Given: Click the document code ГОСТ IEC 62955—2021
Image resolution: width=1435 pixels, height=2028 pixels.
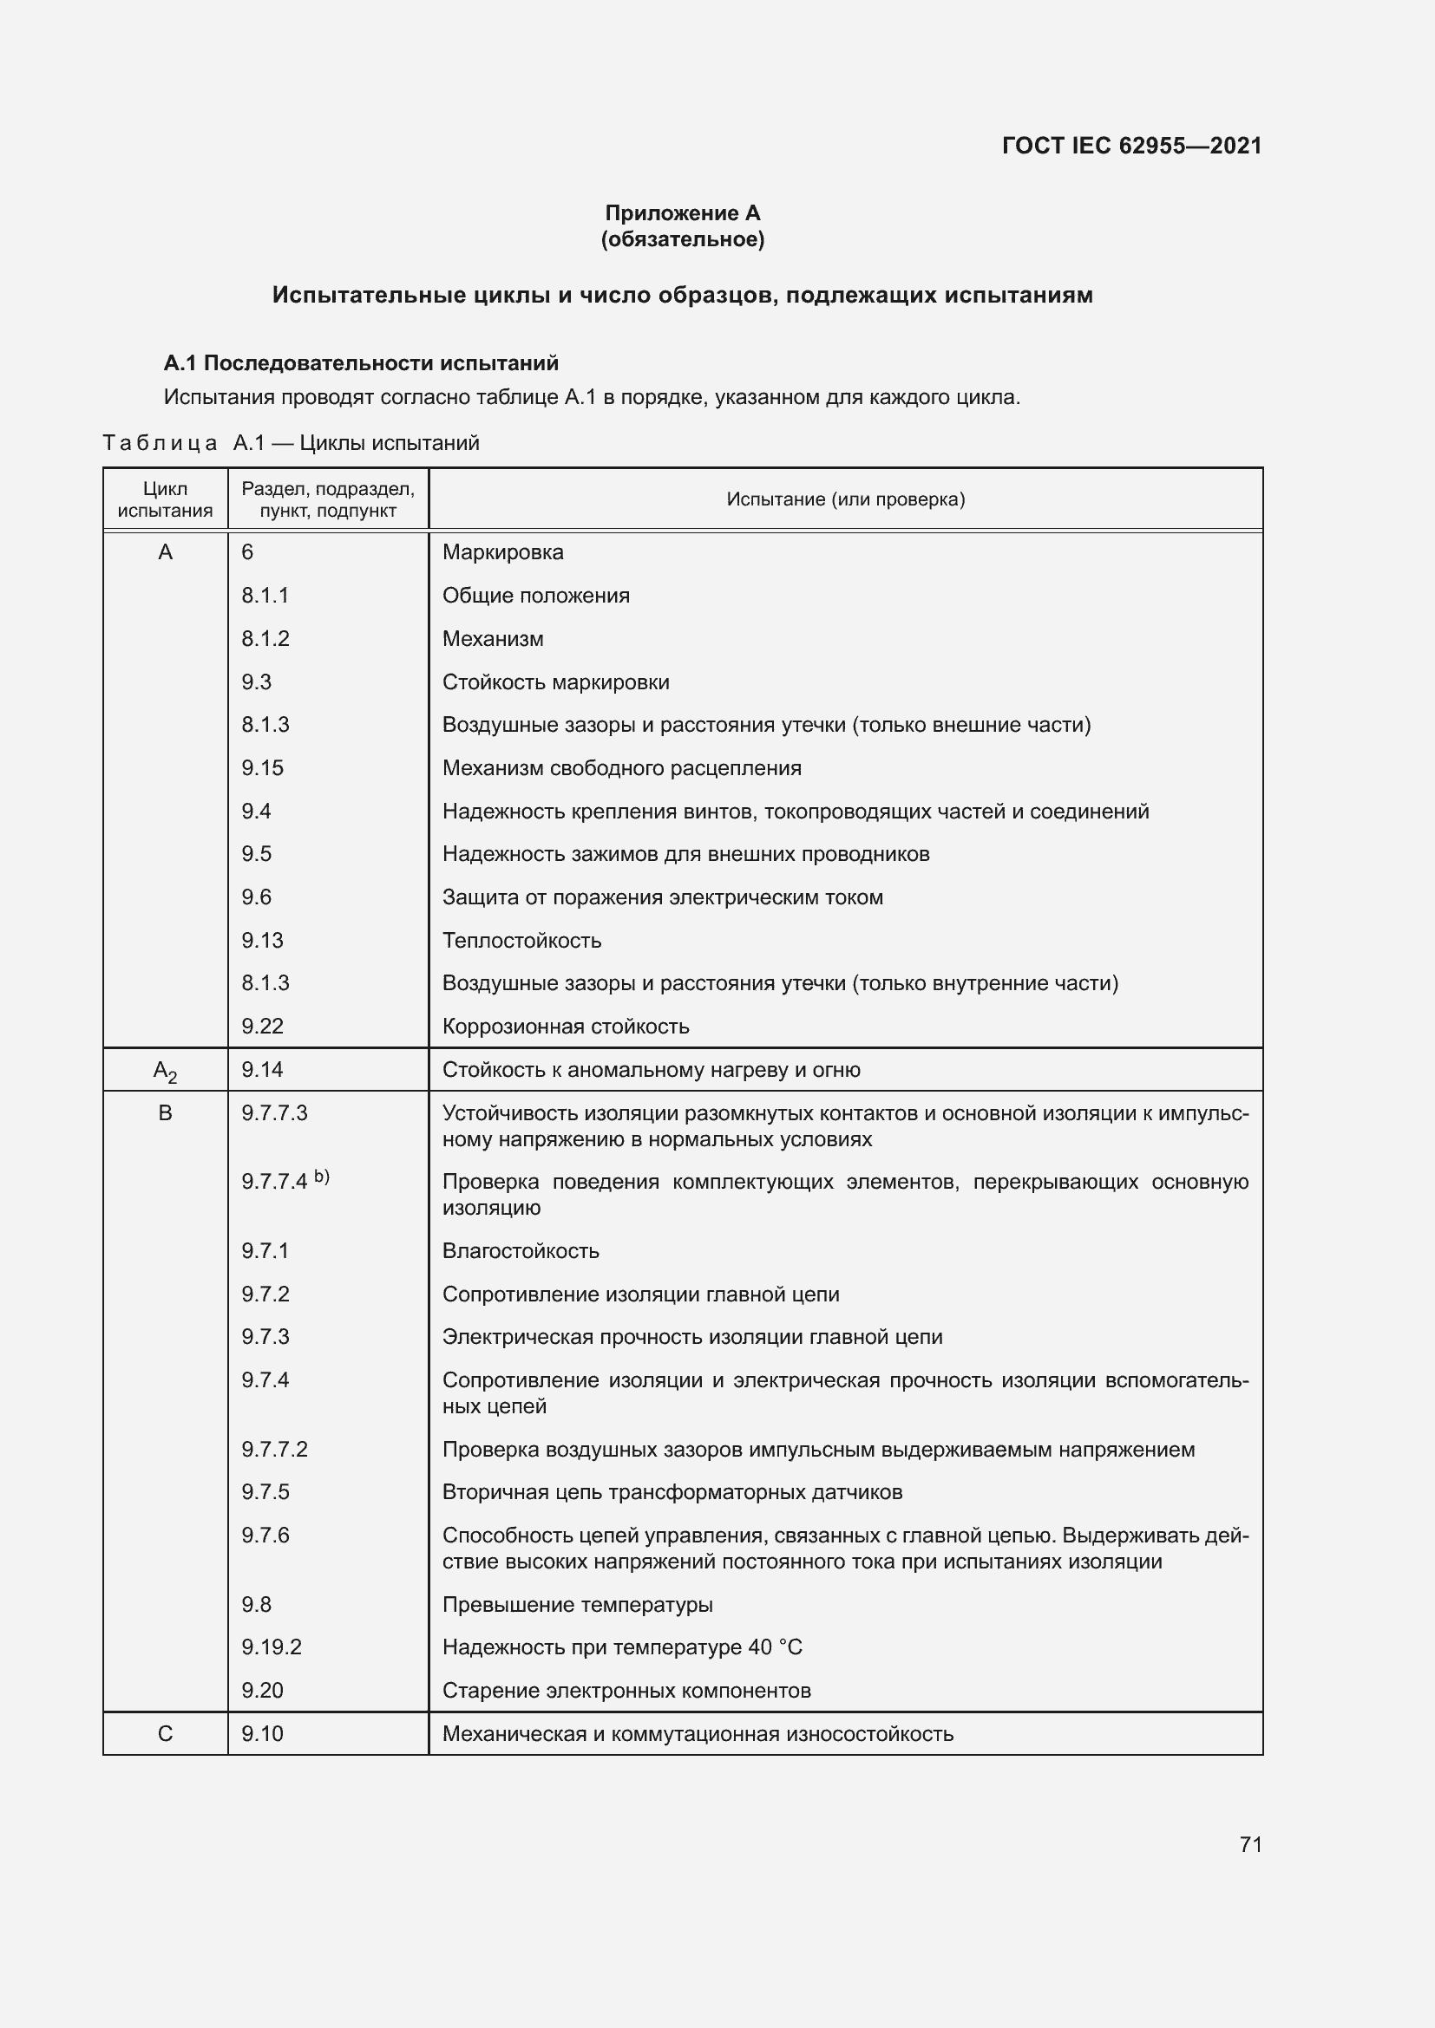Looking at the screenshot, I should point(1131,146).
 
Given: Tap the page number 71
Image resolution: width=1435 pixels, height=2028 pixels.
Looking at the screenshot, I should point(1250,1844).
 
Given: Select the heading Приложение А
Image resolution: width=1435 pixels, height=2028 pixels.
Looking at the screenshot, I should point(682,213).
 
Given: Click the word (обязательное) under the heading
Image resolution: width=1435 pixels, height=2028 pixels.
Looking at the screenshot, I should point(682,239).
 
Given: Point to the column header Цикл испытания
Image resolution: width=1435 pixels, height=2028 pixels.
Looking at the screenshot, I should point(165,499).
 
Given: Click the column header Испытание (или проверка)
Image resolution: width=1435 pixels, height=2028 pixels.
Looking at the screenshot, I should point(845,499).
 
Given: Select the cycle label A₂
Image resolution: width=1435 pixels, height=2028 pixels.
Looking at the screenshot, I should point(165,1071).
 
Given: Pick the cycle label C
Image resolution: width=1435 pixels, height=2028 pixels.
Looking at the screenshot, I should point(165,1734).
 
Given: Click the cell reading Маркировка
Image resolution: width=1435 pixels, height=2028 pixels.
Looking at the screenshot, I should point(503,552).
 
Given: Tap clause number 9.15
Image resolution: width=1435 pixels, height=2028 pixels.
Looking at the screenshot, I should point(262,767).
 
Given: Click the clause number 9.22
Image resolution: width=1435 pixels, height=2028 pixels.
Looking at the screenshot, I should point(262,1027).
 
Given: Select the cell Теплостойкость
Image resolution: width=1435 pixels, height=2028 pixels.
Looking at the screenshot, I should point(521,941).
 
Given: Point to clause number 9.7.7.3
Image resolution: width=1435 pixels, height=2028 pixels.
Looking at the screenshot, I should point(275,1113).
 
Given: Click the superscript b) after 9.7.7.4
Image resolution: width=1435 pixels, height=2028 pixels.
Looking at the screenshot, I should point(322,1176).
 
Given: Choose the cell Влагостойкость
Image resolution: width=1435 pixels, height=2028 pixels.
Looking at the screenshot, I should point(521,1251).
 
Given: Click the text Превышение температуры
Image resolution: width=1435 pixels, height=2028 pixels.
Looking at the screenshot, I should point(577,1605).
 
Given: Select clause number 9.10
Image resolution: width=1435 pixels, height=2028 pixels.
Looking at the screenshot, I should point(262,1734).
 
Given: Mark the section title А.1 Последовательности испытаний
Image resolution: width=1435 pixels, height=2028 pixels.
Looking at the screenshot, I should point(362,363).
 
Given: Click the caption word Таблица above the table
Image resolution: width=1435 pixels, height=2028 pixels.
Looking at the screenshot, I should point(160,442).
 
